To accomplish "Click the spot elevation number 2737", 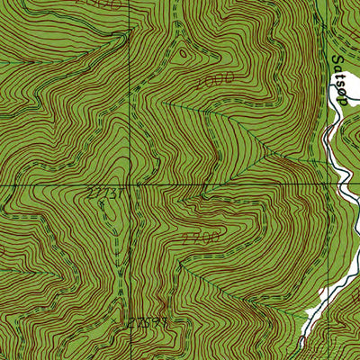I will tap(104, 193).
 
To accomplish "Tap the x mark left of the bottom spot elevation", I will tap(126, 320).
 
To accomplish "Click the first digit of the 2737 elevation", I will tap(92, 193).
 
